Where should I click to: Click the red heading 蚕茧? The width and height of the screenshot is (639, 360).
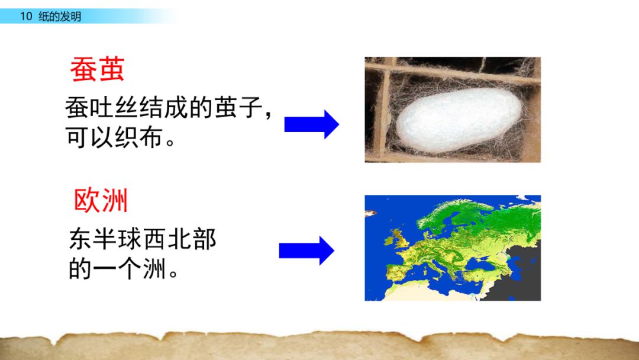coord(97,69)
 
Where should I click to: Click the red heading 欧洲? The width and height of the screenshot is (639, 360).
coord(101,200)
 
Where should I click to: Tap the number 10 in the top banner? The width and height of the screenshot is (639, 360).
coord(26,17)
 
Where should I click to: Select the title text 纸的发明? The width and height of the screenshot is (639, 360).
coord(60,17)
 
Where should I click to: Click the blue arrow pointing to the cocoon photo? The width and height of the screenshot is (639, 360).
coord(311,124)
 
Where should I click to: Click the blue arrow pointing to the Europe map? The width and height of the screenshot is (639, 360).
coord(306,250)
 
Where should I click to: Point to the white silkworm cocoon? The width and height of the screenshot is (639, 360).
coord(459,120)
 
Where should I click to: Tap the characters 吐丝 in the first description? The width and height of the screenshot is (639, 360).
coord(114,107)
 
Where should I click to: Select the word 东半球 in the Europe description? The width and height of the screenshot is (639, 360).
coord(105,239)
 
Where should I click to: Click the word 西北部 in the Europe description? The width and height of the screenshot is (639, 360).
coord(180,239)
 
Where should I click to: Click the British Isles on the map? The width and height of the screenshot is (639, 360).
coord(398,239)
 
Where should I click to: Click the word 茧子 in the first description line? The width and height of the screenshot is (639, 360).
coord(238,107)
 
